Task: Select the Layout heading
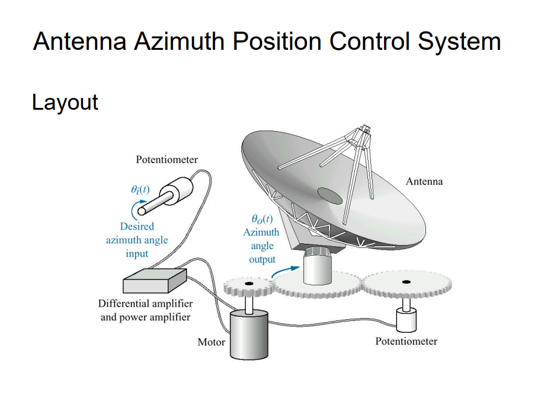[x=65, y=102]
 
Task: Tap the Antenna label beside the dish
[x=424, y=182]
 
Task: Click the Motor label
[x=211, y=342]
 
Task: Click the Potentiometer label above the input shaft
[x=167, y=159]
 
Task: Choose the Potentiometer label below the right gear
[x=406, y=341]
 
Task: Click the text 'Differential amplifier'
[x=145, y=304]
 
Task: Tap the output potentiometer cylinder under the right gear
[x=406, y=321]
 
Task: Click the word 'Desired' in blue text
[x=137, y=226]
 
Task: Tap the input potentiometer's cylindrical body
[x=180, y=190]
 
